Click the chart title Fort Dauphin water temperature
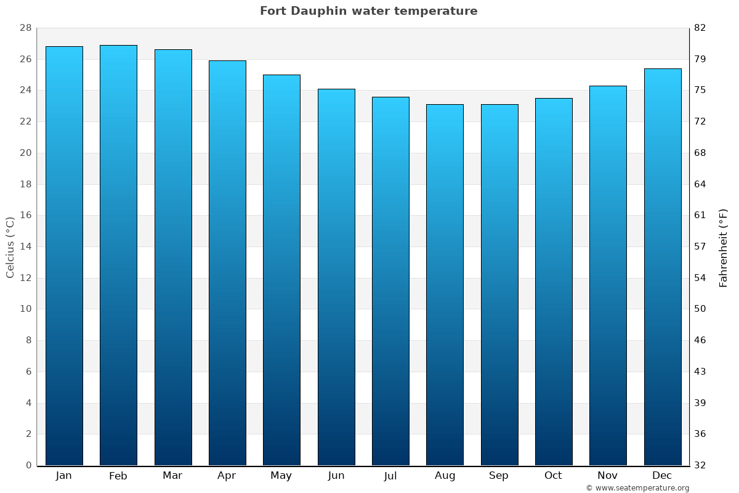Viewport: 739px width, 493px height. [368, 11]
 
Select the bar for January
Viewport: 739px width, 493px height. [64, 256]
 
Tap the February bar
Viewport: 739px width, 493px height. [118, 255]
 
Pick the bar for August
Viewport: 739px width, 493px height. [445, 285]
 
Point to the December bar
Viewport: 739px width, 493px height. [663, 267]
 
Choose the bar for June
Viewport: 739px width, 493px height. [336, 277]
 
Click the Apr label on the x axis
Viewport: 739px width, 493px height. [227, 476]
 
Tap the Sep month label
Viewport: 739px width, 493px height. [499, 476]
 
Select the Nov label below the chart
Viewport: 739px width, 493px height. [608, 476]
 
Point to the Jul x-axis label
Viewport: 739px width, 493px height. [390, 476]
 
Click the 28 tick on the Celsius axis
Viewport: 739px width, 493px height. [25, 28]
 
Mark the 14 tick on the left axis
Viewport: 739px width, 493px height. [25, 246]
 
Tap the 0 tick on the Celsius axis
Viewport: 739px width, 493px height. [28, 465]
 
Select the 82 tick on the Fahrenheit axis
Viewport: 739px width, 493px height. [700, 28]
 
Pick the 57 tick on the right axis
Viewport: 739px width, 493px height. [700, 246]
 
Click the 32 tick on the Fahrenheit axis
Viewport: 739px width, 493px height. [700, 465]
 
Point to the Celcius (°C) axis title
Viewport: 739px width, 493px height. [10, 247]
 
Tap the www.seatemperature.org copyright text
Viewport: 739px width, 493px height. [637, 488]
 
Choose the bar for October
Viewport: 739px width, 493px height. [554, 282]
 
